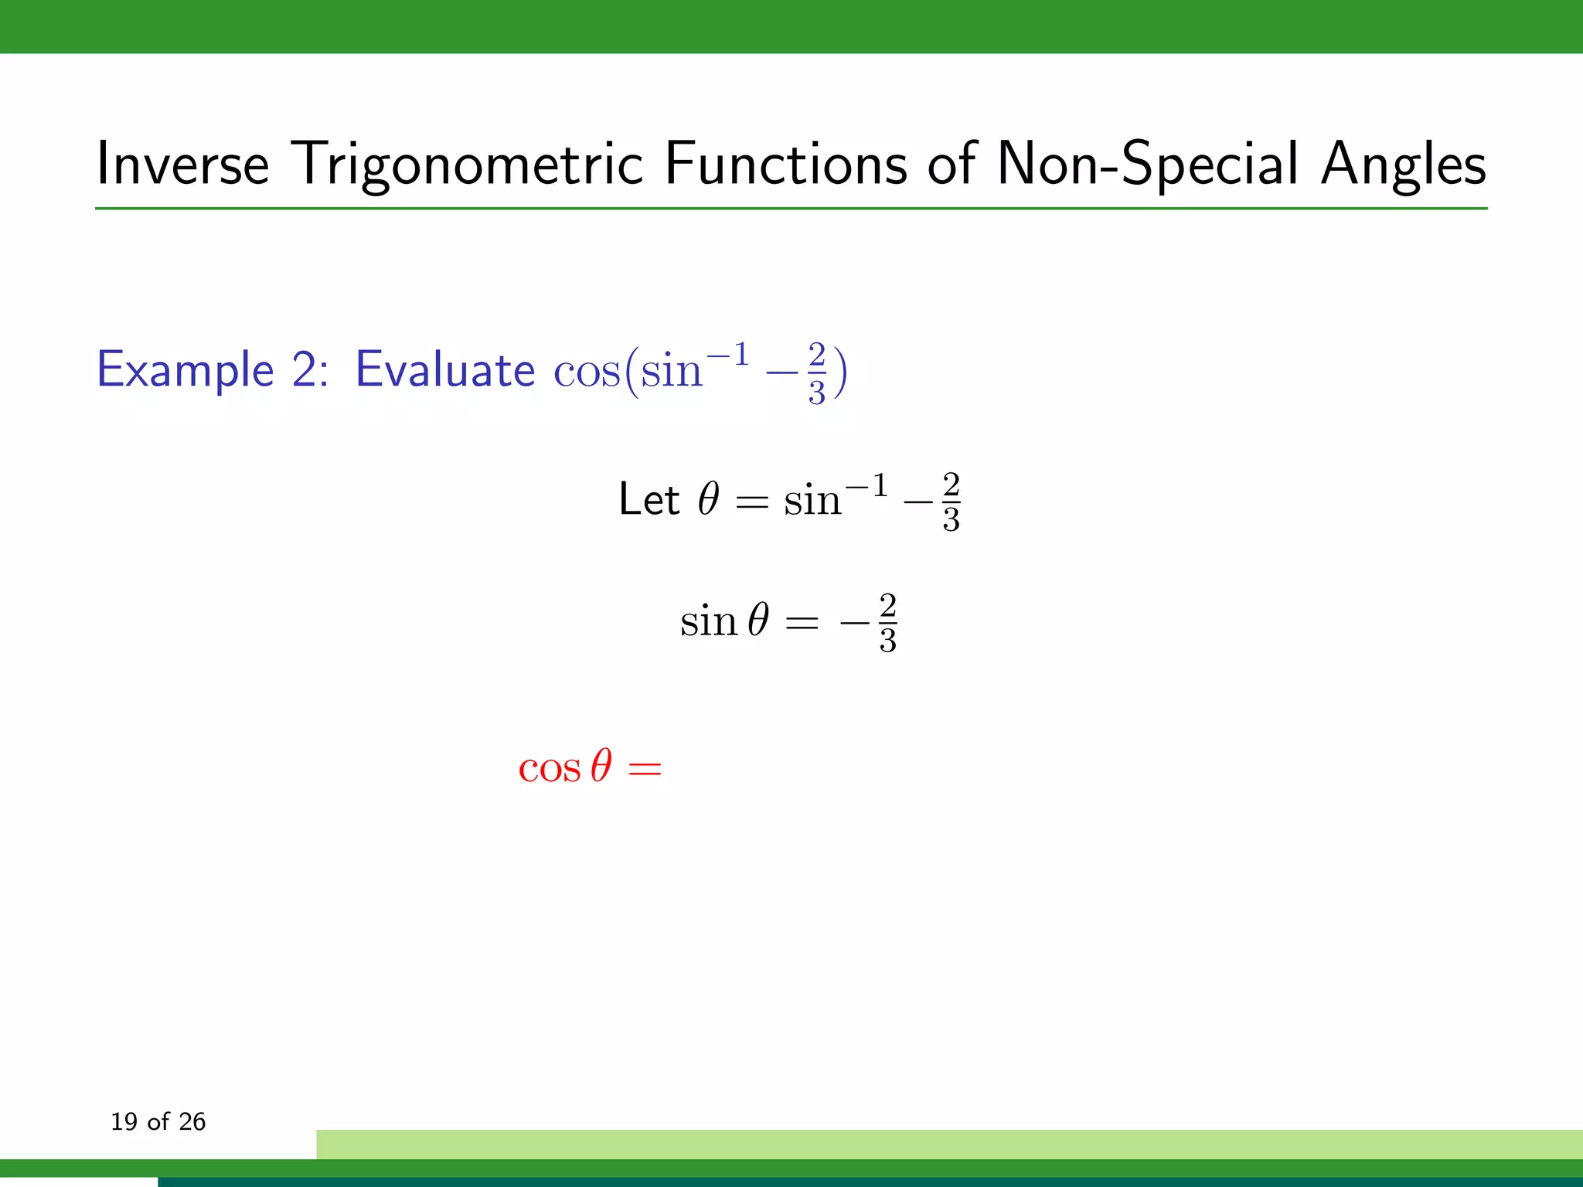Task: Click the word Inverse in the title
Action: click(x=182, y=165)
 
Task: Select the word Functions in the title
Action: click(x=785, y=165)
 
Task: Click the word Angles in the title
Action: click(x=1403, y=165)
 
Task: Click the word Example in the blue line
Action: click(x=186, y=369)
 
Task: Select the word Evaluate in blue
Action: click(x=444, y=369)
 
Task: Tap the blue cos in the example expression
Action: click(x=586, y=372)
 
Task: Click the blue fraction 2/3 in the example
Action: click(x=817, y=373)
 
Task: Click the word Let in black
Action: click(x=649, y=499)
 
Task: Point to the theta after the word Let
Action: click(x=709, y=499)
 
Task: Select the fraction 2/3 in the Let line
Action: click(x=951, y=502)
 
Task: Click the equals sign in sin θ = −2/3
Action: click(x=802, y=623)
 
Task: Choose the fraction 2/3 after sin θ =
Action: click(x=887, y=623)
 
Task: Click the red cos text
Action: click(x=549, y=768)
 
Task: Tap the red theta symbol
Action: click(x=601, y=767)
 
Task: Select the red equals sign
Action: click(x=645, y=769)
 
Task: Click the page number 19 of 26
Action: click(x=158, y=1121)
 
